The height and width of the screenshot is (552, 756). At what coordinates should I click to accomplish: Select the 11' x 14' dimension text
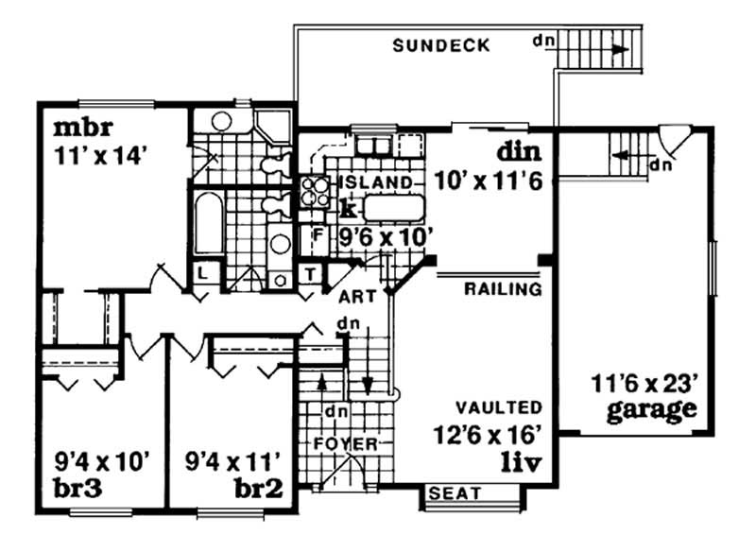pyautogui.click(x=96, y=155)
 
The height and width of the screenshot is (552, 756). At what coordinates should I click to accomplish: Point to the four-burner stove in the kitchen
pyautogui.click(x=313, y=192)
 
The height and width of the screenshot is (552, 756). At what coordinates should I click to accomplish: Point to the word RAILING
pyautogui.click(x=502, y=289)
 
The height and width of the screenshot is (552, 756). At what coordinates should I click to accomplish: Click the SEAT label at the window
pyautogui.click(x=455, y=493)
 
